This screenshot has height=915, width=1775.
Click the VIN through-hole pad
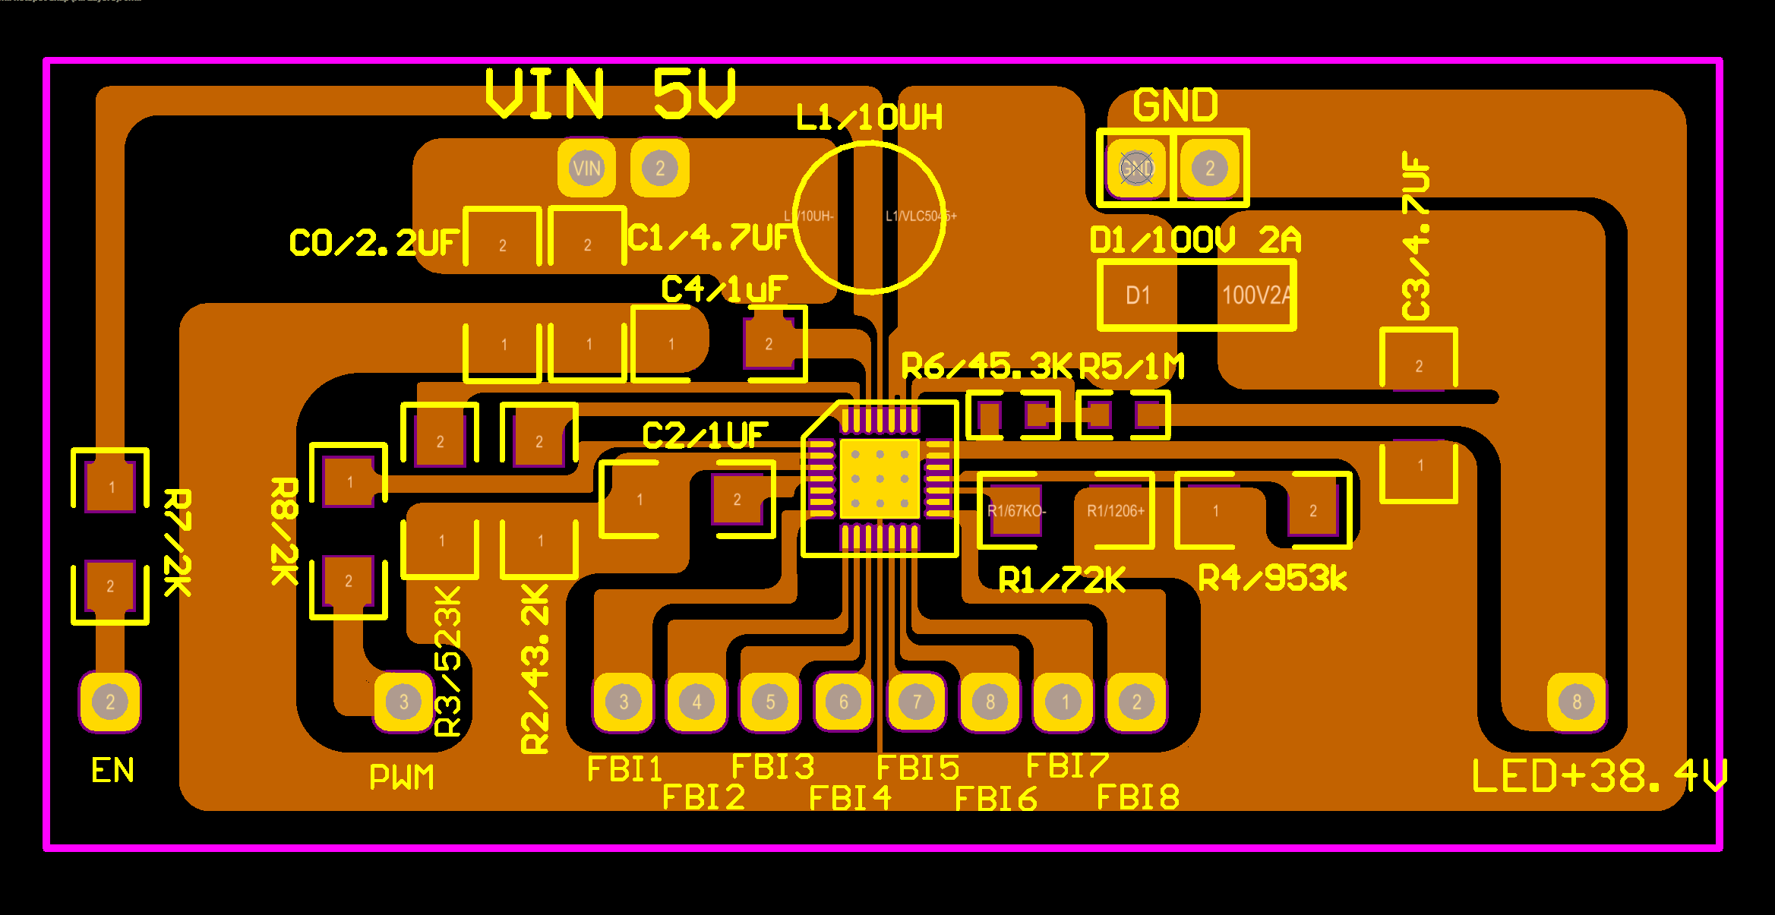click(x=586, y=168)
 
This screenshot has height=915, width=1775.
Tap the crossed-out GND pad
click(x=1136, y=168)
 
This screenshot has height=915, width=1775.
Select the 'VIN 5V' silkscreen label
click(x=611, y=94)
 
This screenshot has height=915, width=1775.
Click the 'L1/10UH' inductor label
click(x=869, y=118)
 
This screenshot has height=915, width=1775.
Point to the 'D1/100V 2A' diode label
click(x=1195, y=241)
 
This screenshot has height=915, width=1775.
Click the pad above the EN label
click(x=110, y=702)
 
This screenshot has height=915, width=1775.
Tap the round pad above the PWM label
click(x=403, y=702)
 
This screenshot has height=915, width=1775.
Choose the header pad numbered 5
click(x=770, y=702)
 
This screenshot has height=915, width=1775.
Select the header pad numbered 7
click(x=917, y=702)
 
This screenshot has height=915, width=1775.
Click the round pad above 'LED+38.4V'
click(x=1577, y=702)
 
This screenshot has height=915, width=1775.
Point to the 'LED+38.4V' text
click(x=1599, y=776)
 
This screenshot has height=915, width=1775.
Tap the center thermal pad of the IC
click(x=880, y=479)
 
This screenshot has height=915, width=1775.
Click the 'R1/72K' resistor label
click(x=1061, y=580)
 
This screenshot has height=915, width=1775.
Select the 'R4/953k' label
click(x=1272, y=579)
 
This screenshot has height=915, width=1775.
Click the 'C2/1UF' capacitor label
click(x=705, y=436)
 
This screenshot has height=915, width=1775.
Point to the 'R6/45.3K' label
click(x=987, y=366)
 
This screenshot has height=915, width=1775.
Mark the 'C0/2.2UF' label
click(x=374, y=243)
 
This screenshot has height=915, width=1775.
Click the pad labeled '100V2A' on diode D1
click(x=1255, y=295)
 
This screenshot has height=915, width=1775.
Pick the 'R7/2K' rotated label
click(x=178, y=542)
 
